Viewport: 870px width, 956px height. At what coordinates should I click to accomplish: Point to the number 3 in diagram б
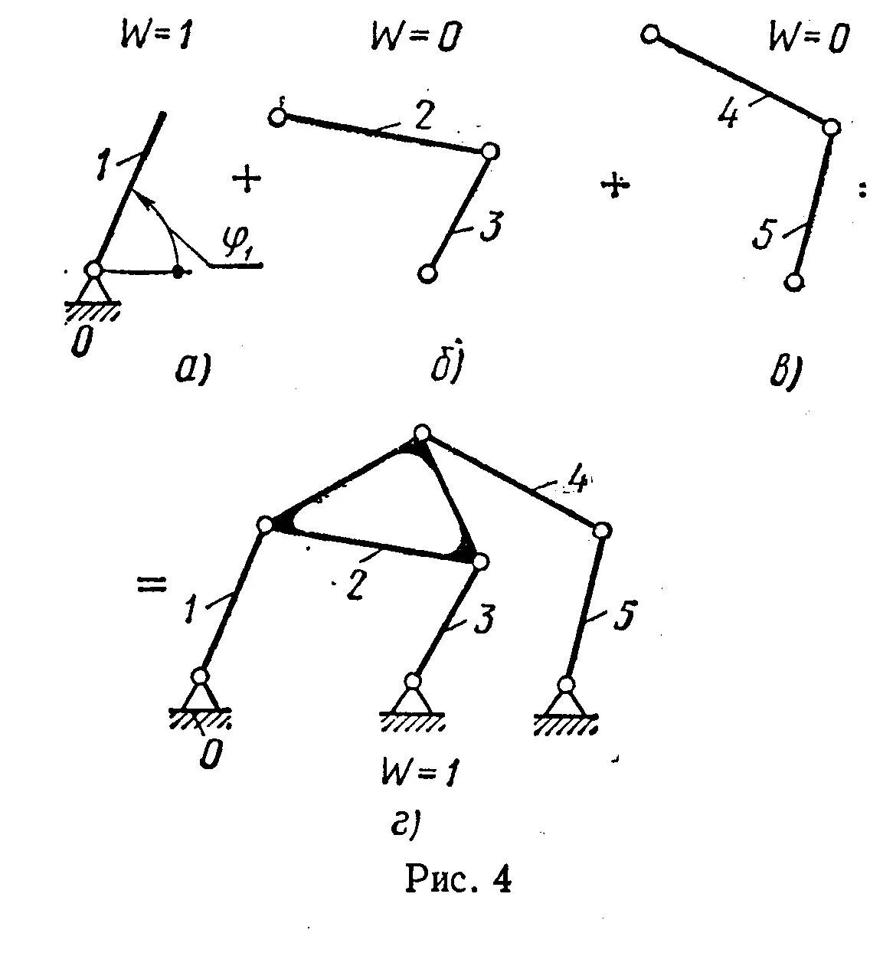click(x=491, y=228)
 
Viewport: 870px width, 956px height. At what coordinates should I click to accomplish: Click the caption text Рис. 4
click(x=457, y=879)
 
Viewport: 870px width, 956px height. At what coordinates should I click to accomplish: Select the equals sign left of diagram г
click(x=151, y=585)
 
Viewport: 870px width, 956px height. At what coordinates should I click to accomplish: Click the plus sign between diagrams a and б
click(x=247, y=181)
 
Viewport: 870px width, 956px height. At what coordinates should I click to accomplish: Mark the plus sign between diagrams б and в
click(x=614, y=186)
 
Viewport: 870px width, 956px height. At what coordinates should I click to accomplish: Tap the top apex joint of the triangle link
click(x=420, y=434)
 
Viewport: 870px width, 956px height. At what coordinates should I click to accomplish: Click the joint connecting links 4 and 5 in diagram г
click(x=602, y=530)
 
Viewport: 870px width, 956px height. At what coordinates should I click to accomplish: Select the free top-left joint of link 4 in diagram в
click(x=651, y=34)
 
